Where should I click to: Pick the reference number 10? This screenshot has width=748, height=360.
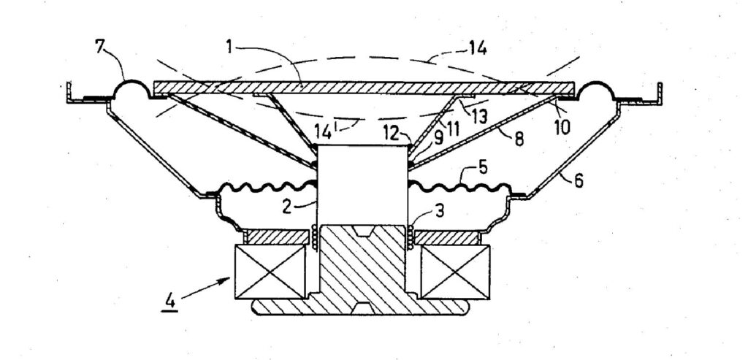pos(562,128)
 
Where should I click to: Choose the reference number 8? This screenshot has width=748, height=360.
pos(519,139)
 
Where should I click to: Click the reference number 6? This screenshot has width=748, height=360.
pos(579,181)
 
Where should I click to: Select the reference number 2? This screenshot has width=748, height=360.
pos(286,207)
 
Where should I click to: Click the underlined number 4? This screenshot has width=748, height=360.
pos(169,302)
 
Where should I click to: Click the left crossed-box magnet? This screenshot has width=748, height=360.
pos(270,272)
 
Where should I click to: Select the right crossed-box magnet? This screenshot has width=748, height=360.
pos(454,272)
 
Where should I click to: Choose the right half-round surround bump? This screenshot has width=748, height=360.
pos(595,82)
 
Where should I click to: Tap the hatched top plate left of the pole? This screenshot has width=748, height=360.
pos(276,237)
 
